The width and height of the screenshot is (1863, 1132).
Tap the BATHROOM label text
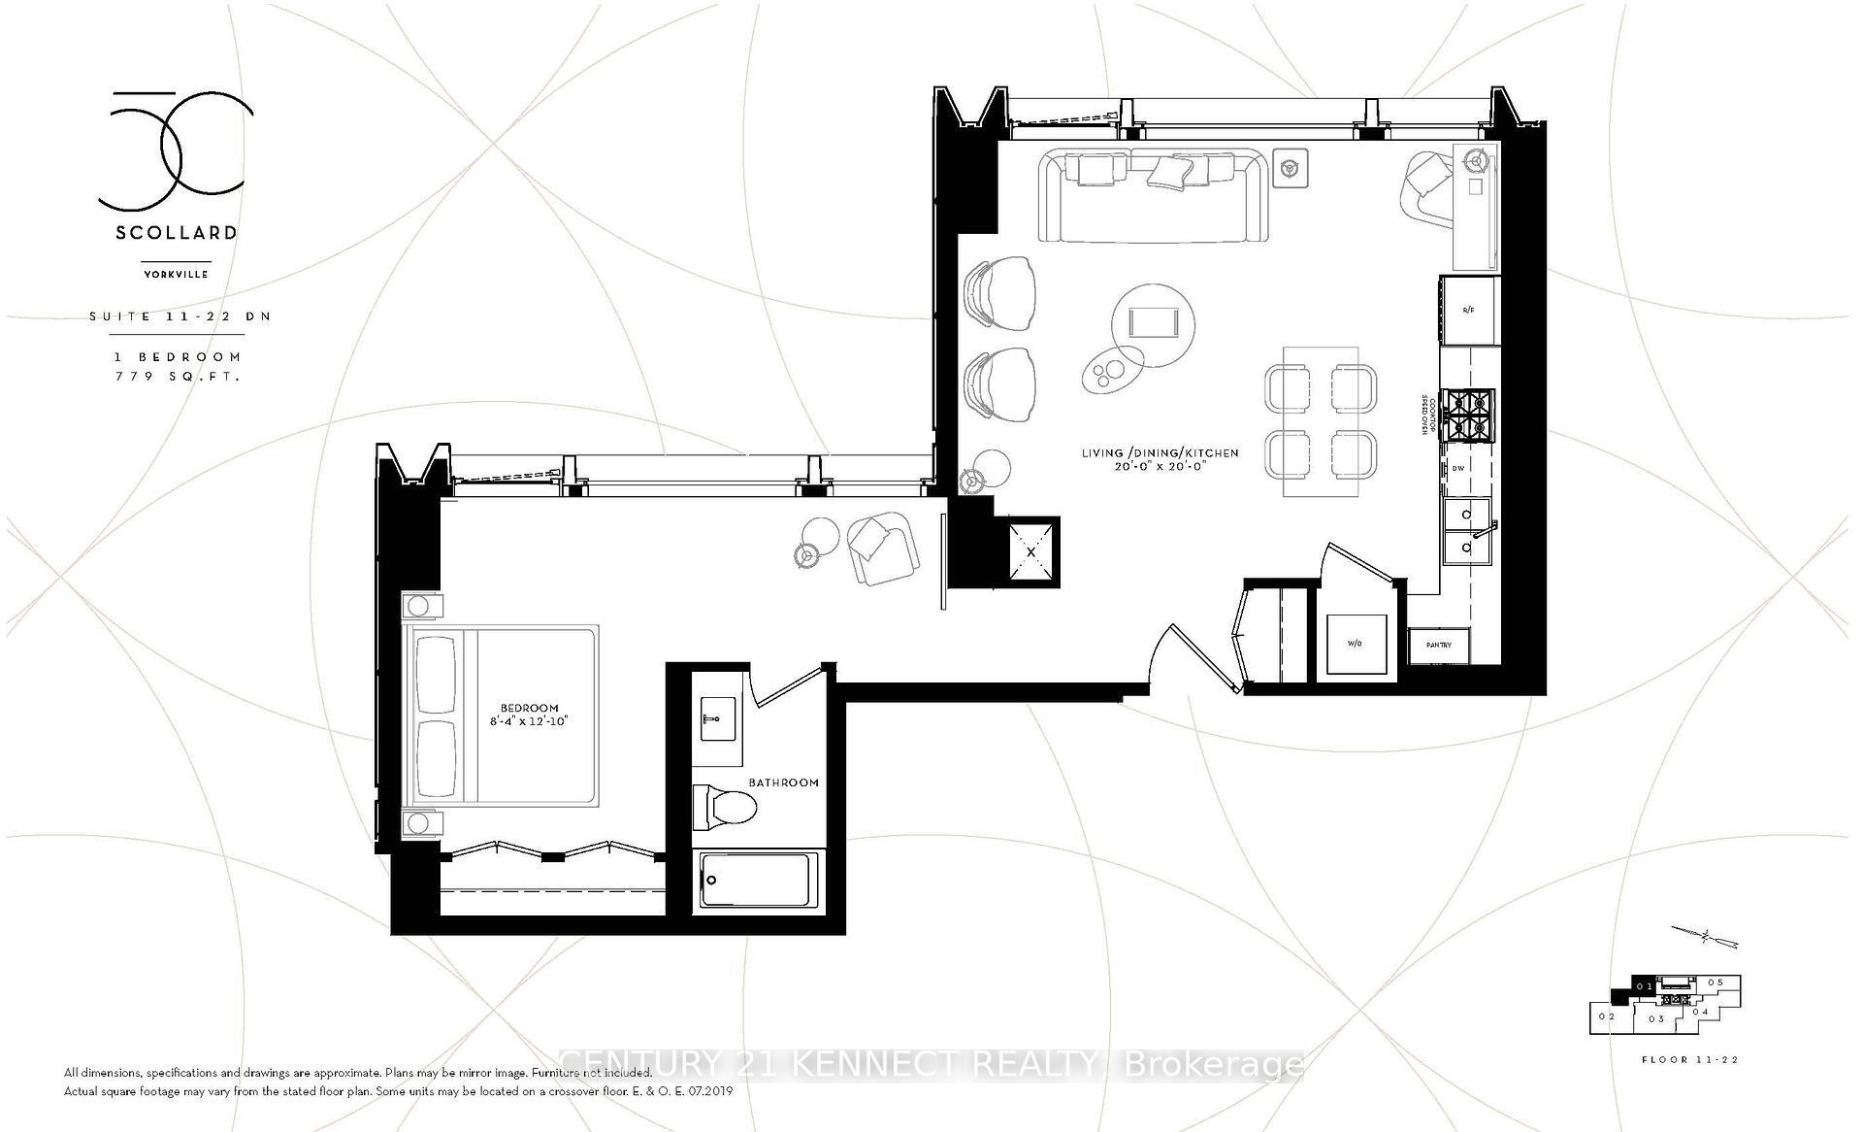coord(783,782)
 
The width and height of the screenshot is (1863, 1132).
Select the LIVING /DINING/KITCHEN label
coord(1160,453)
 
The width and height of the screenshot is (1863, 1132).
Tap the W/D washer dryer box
coord(1356,643)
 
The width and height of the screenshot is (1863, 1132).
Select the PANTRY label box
coord(1439,645)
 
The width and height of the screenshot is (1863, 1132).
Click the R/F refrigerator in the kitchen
coord(1469,310)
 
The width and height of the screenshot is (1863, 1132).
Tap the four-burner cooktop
coord(1468,416)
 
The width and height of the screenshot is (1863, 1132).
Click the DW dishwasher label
coord(1457,468)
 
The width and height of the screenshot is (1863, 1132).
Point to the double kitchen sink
coord(1468,531)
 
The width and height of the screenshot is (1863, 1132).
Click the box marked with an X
coord(1030,551)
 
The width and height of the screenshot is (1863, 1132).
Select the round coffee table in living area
coord(1153,324)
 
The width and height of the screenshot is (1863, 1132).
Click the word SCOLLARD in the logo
coord(176,233)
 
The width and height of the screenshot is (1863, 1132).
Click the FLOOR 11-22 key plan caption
coord(1689,1059)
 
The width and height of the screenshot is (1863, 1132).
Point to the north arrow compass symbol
coord(1705,937)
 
